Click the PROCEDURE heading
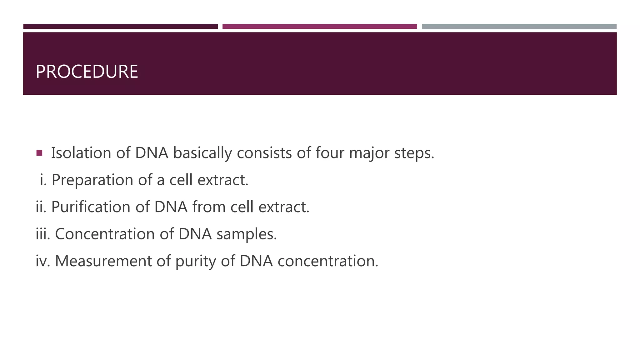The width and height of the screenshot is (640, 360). pos(87,72)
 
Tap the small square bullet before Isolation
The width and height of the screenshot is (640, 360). pos(39,153)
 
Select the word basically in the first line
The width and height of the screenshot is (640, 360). pos(202,153)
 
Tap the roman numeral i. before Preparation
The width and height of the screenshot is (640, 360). pos(43,180)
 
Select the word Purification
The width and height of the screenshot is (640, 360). pos(91,207)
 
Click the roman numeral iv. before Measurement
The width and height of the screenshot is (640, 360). pos(43,261)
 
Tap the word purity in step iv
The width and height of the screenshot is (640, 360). pos(195,261)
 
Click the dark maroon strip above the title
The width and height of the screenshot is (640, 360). pos(121,27)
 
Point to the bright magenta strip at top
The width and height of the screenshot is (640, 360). pos(320,27)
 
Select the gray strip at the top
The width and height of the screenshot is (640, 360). pos(519,27)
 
